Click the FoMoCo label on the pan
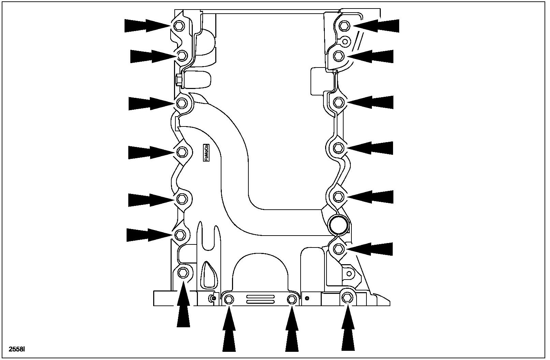206,152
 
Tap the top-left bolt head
179,26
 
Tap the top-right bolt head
345,25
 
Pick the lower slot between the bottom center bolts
260,302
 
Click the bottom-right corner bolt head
347,298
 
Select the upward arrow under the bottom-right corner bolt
348,329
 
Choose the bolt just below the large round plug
338,249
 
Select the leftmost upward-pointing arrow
183,307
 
